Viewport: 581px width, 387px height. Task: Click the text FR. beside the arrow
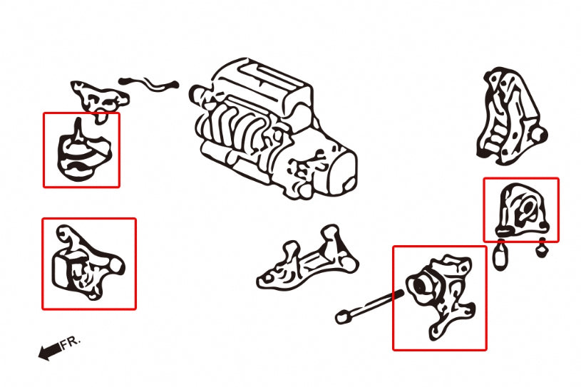(x=71, y=342)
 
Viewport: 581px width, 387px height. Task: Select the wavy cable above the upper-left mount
(x=150, y=85)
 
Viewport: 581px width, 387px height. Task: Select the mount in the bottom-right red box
(x=438, y=296)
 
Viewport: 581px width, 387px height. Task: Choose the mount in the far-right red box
(x=520, y=210)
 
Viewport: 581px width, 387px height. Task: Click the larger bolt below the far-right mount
(x=501, y=256)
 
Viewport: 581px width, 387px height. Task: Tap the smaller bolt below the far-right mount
(x=541, y=249)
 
